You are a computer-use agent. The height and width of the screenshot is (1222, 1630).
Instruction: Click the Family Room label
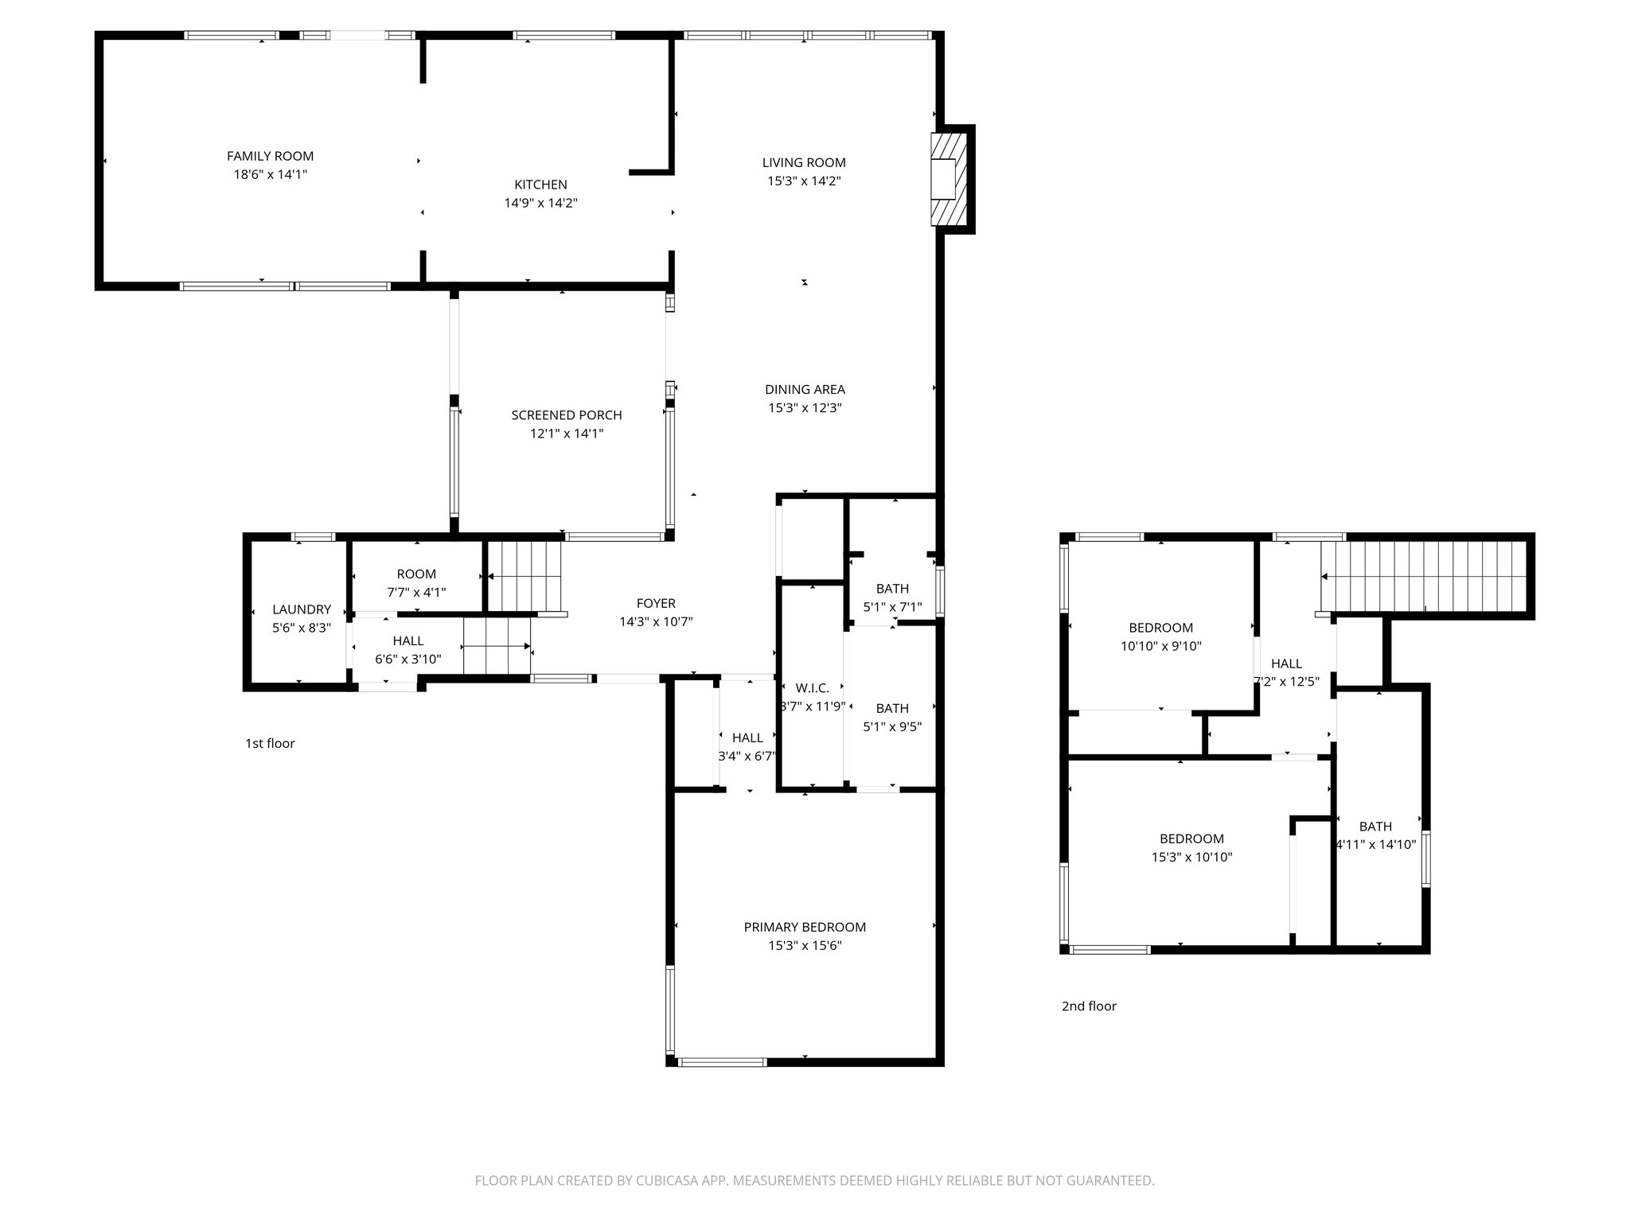tap(270, 157)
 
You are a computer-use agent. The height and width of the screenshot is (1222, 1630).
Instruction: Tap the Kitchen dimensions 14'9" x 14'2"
tap(540, 204)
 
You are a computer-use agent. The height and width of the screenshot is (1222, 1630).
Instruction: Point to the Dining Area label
tap(805, 390)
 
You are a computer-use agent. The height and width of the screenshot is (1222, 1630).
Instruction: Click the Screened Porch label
tap(566, 415)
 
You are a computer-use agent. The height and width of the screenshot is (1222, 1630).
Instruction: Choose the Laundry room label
tap(301, 610)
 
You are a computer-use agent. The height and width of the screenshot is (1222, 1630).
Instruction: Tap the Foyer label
tap(656, 604)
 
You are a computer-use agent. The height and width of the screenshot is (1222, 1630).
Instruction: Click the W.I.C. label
tap(812, 688)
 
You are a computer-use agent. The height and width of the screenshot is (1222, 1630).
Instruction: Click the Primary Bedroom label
tap(805, 928)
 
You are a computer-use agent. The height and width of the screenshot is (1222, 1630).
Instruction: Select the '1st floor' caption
tap(270, 744)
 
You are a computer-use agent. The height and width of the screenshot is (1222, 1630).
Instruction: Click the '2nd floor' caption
tap(1089, 1006)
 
